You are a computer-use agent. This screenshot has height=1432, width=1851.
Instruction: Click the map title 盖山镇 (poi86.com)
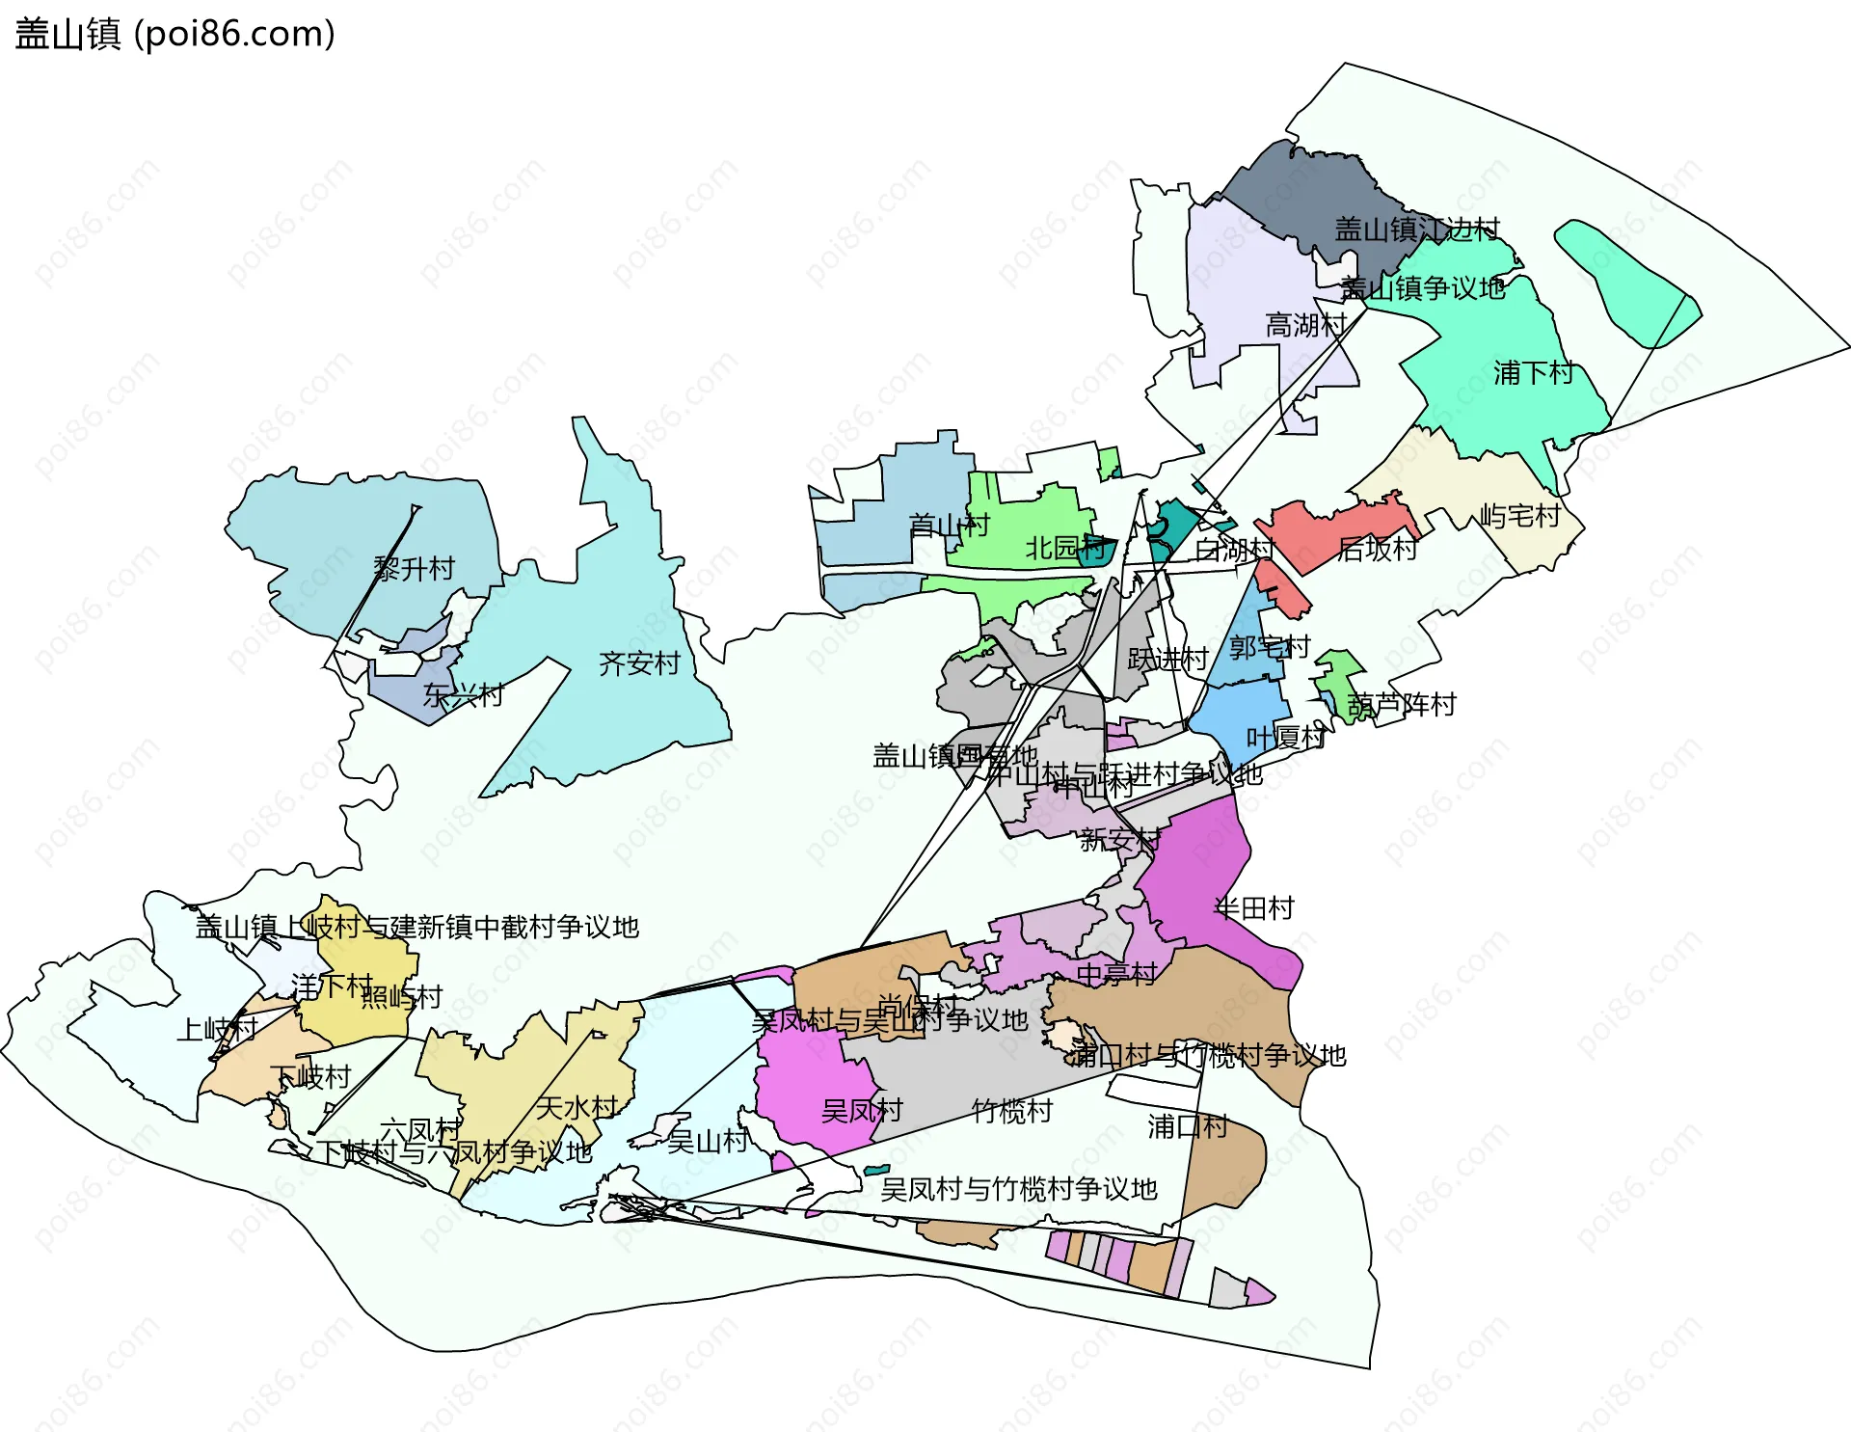tap(174, 35)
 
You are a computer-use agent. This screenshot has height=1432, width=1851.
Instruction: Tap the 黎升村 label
tap(414, 569)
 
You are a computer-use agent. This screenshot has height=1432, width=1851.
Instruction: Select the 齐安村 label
tap(639, 663)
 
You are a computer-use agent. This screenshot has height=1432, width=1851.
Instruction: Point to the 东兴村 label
tap(463, 694)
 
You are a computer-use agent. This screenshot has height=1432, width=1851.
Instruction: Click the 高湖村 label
tap(1305, 325)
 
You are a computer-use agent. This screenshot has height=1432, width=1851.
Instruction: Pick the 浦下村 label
tap(1533, 372)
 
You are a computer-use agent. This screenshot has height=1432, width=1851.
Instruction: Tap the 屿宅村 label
tap(1519, 516)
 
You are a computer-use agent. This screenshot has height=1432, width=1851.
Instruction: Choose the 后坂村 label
tap(1377, 549)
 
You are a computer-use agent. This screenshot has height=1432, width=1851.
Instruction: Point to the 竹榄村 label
tap(1011, 1111)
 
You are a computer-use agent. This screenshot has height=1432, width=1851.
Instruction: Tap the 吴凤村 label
tap(861, 1111)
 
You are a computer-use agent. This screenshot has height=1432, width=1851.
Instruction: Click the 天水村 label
tap(577, 1107)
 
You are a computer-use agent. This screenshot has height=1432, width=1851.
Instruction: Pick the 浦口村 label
tap(1187, 1125)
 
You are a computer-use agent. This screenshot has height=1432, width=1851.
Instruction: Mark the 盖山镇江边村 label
tap(1416, 229)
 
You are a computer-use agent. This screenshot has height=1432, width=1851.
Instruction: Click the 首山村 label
tap(949, 525)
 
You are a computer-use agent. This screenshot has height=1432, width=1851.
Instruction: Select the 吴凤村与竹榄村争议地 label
tap(1018, 1189)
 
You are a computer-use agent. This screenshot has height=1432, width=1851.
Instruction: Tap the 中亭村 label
tap(1115, 974)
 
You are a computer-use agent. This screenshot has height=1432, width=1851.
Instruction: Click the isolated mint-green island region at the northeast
tap(1627, 282)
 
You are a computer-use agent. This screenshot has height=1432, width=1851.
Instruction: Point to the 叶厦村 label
tap(1286, 738)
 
